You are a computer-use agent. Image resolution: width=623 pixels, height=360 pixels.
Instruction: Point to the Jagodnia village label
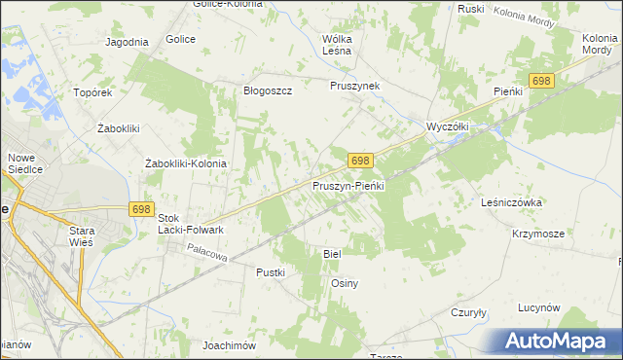(x=127, y=42)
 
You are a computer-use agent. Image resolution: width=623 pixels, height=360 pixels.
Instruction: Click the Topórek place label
(x=94, y=92)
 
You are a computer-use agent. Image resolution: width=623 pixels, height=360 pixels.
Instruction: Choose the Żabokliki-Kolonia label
(x=185, y=163)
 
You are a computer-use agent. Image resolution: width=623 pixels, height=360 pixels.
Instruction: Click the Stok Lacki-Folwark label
(x=191, y=224)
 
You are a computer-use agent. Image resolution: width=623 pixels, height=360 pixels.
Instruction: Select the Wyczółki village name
(x=449, y=126)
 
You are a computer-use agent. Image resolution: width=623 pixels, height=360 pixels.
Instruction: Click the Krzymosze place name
(x=538, y=234)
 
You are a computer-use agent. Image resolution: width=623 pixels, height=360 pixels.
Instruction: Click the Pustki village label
(x=271, y=272)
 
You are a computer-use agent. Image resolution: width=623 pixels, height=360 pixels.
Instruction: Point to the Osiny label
(x=346, y=283)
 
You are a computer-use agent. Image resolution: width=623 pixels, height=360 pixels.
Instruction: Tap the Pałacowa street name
(x=208, y=252)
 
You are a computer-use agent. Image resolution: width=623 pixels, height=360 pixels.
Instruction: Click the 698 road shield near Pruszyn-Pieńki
(x=360, y=161)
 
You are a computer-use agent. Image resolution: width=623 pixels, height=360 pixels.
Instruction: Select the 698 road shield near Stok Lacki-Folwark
(x=142, y=209)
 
